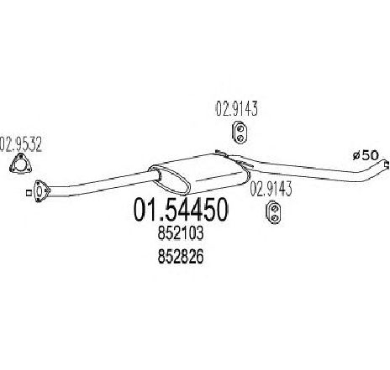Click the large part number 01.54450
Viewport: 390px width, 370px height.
(x=181, y=210)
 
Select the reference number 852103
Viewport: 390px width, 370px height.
(x=181, y=234)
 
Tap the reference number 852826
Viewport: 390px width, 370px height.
(x=181, y=257)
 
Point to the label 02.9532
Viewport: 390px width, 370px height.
(x=21, y=144)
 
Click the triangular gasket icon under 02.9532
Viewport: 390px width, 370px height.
(x=20, y=164)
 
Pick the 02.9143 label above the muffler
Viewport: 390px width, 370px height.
(x=236, y=108)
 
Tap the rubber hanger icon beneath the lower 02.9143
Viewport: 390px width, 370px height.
(x=274, y=212)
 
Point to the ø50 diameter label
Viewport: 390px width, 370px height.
(x=366, y=155)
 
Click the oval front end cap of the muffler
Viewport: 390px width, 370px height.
(x=170, y=180)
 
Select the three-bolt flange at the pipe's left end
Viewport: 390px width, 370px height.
(x=41, y=190)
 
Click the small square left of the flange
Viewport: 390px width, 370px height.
(x=28, y=192)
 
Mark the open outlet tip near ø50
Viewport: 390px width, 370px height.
(x=387, y=165)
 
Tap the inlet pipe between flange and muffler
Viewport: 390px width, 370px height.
(x=101, y=183)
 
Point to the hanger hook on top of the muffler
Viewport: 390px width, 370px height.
(x=221, y=153)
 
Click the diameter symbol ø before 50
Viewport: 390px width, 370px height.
(x=356, y=155)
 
